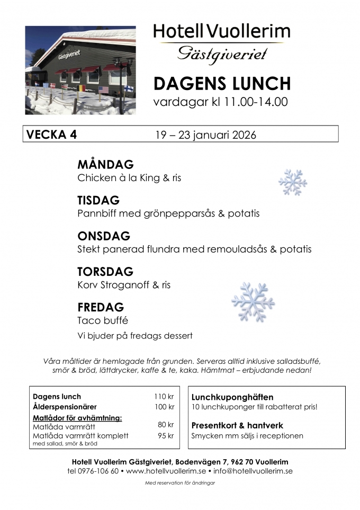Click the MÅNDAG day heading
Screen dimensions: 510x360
coord(105,164)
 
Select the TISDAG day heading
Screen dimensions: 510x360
coord(98,201)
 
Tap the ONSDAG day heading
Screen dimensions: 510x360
coord(104,236)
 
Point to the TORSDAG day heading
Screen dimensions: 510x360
coord(105,272)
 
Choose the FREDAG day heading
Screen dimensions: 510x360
coord(101,307)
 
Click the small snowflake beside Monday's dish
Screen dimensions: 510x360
coord(293,183)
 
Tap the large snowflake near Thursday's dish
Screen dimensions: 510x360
coord(253,301)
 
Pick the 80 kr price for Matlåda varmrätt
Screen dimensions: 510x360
coord(165,425)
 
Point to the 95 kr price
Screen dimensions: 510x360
coord(165,435)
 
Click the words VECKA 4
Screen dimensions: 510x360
coord(52,135)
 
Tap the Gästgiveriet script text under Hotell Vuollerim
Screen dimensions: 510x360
coord(222,53)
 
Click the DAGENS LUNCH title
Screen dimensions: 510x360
coord(222,83)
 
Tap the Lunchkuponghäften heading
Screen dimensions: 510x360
coord(232,397)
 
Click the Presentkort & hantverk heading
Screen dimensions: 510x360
coord(237,425)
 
